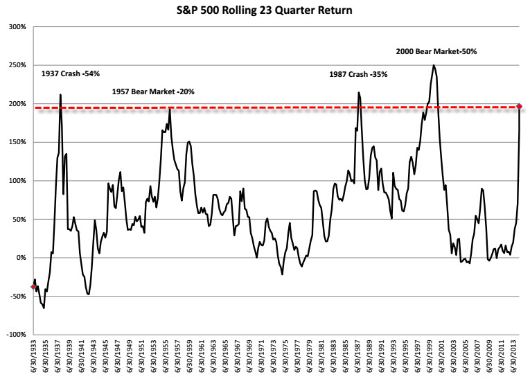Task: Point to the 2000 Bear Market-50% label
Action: [x=436, y=51]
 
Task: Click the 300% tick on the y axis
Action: [x=17, y=27]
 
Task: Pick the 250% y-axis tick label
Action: [x=17, y=66]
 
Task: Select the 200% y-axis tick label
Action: [x=17, y=104]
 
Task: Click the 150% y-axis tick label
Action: [x=17, y=142]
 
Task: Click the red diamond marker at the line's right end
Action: [x=520, y=107]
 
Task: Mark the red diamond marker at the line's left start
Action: [x=33, y=286]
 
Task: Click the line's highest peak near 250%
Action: [x=434, y=65]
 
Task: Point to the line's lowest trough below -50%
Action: [x=44, y=308]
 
